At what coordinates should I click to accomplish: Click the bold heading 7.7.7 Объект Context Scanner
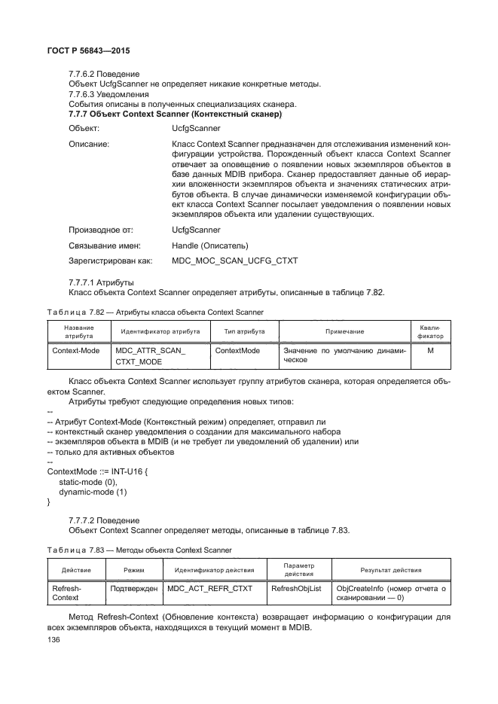click(x=175, y=114)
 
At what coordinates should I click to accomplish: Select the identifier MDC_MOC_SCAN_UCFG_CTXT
click(x=235, y=261)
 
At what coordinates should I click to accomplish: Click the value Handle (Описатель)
click(x=210, y=245)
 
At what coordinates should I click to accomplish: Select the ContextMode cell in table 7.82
click(x=237, y=351)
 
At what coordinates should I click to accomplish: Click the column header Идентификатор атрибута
click(x=160, y=331)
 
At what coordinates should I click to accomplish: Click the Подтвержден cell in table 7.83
click(x=133, y=587)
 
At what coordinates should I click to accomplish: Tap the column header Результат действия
click(x=390, y=570)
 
